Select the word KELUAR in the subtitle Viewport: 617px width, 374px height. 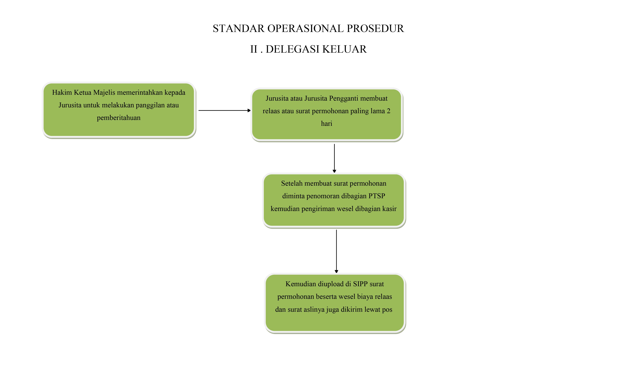coord(345,49)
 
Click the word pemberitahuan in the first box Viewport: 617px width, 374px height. coord(119,118)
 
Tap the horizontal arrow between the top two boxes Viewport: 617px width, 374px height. coord(225,110)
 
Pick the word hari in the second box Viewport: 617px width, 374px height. coord(326,123)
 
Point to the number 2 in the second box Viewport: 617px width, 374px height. coord(389,111)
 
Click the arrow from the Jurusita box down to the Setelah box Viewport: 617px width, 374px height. coord(334,158)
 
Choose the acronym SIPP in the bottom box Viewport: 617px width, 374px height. coord(360,284)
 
